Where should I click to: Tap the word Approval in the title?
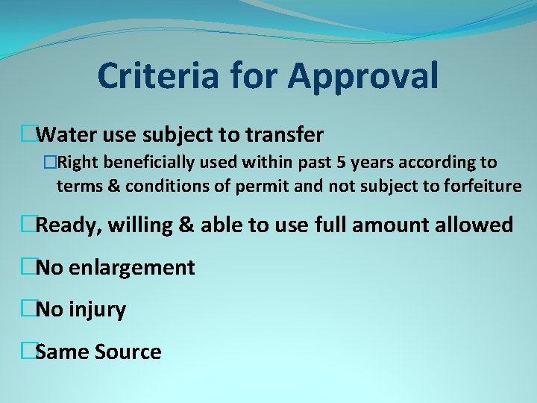click(x=363, y=77)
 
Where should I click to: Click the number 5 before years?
click(x=351, y=162)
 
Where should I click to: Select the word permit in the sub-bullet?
click(x=266, y=187)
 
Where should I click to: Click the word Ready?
click(x=66, y=225)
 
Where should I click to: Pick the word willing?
click(x=140, y=225)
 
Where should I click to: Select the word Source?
click(x=128, y=352)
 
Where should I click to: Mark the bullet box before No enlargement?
click(x=28, y=266)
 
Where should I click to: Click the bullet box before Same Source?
click(x=28, y=351)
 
